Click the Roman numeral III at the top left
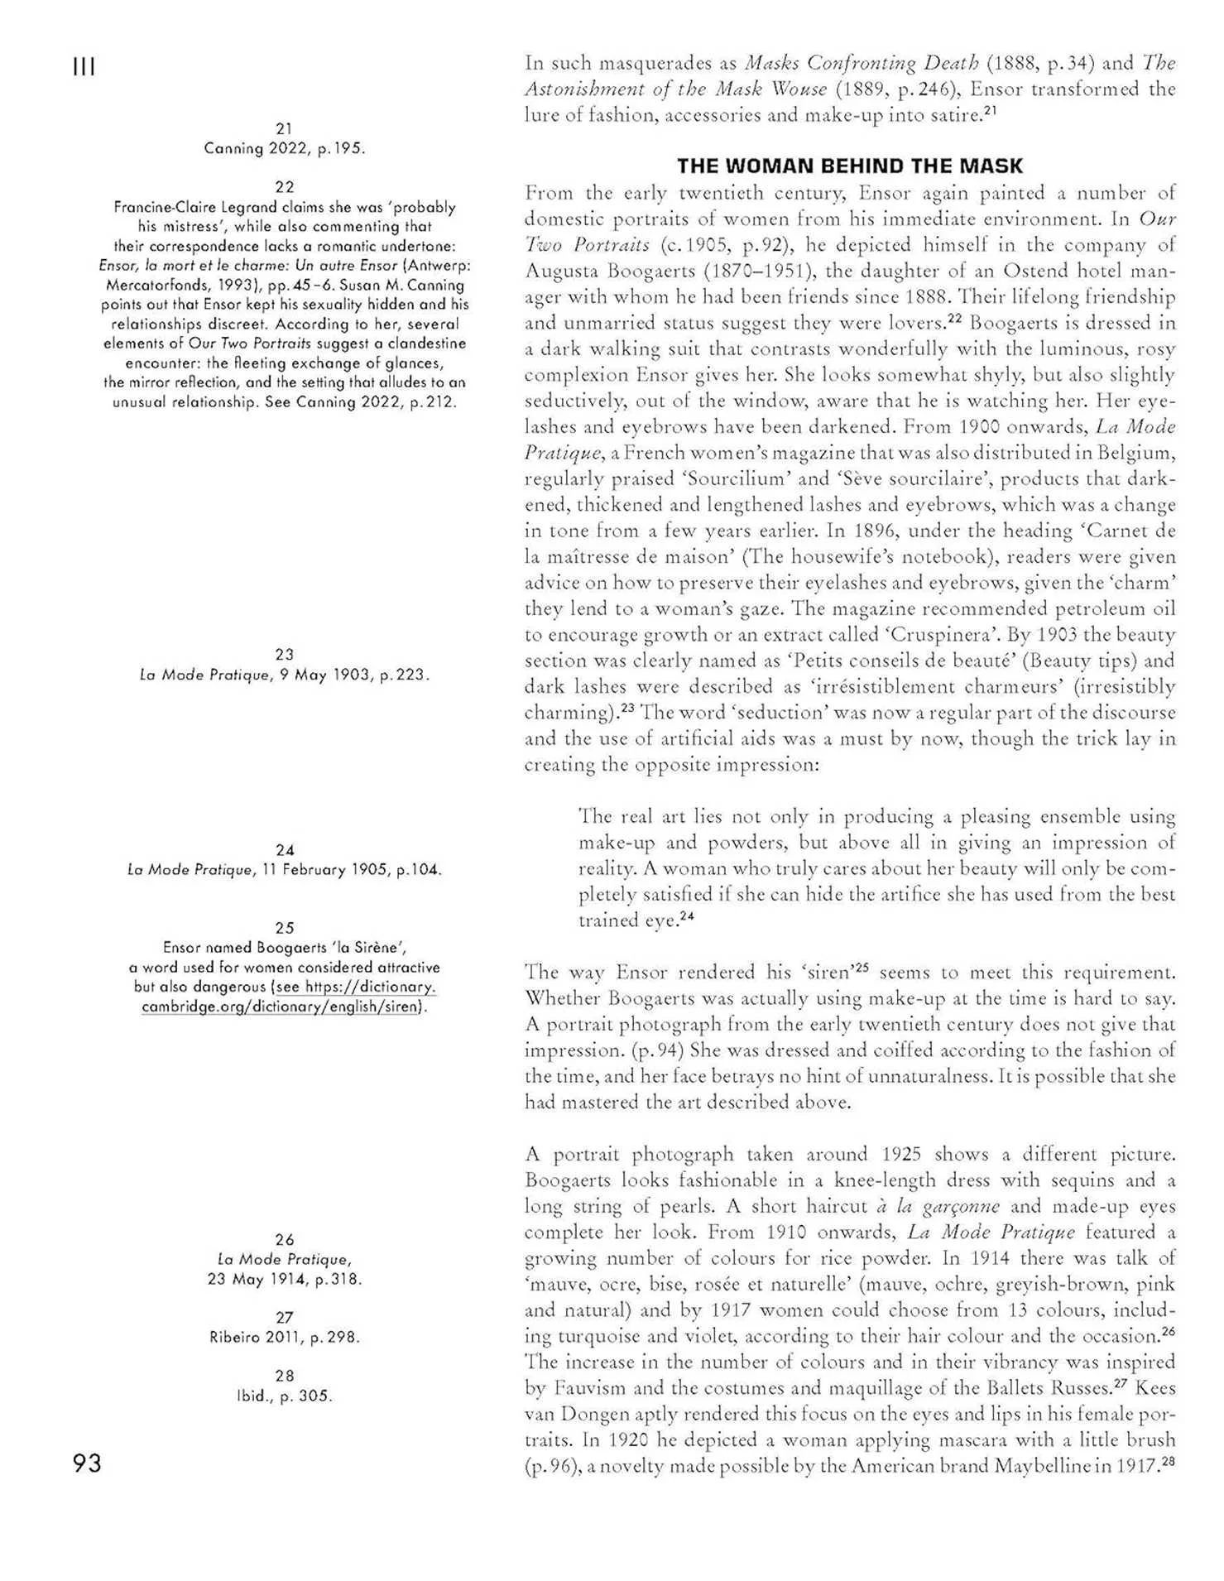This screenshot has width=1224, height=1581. point(84,67)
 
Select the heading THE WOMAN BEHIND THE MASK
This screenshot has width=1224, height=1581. point(849,166)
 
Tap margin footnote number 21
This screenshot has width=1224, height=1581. point(284,129)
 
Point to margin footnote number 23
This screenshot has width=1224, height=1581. point(284,655)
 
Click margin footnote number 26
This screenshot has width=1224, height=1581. point(284,1239)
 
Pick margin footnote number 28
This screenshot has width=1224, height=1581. point(284,1376)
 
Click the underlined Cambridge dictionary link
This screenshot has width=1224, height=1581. point(284,997)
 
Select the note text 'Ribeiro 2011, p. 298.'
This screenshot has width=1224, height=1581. point(284,1337)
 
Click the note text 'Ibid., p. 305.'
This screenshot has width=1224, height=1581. point(284,1396)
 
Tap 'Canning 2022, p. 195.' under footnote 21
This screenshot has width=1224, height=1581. point(284,149)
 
